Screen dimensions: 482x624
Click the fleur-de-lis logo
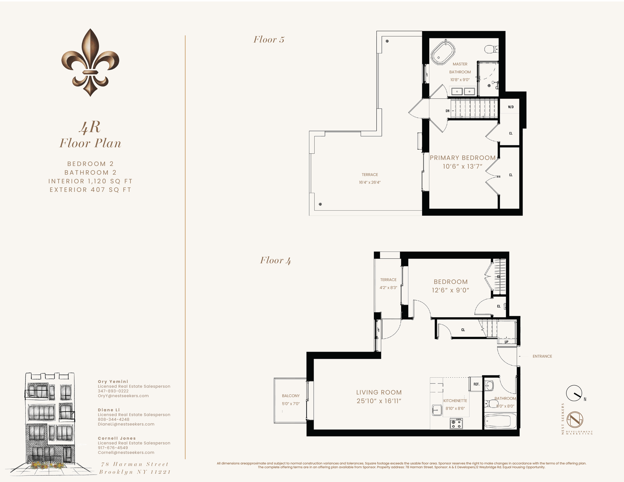pyautogui.click(x=90, y=62)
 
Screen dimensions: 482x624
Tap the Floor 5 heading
pyautogui.click(x=269, y=40)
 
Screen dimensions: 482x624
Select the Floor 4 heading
pyautogui.click(x=275, y=260)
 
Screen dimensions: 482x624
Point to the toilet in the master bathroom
pyautogui.click(x=491, y=49)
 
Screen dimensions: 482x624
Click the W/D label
pyautogui.click(x=511, y=107)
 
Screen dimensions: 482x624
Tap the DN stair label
pyautogui.click(x=448, y=111)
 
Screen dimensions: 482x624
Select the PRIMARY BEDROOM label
pyautogui.click(x=462, y=158)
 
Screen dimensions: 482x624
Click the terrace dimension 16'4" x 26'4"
pyautogui.click(x=370, y=182)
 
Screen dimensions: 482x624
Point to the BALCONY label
pyautogui.click(x=291, y=396)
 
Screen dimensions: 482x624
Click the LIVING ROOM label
pyautogui.click(x=379, y=392)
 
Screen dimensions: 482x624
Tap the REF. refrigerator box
pyautogui.click(x=476, y=384)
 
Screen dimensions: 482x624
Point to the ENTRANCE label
pyautogui.click(x=542, y=356)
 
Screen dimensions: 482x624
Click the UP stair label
pyautogui.click(x=506, y=342)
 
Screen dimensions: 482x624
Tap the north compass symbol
pyautogui.click(x=574, y=393)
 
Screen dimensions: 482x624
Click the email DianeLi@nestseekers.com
pyautogui.click(x=126, y=424)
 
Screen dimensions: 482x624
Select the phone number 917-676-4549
pyautogui.click(x=113, y=448)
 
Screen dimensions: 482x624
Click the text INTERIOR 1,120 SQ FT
pyautogui.click(x=90, y=181)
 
